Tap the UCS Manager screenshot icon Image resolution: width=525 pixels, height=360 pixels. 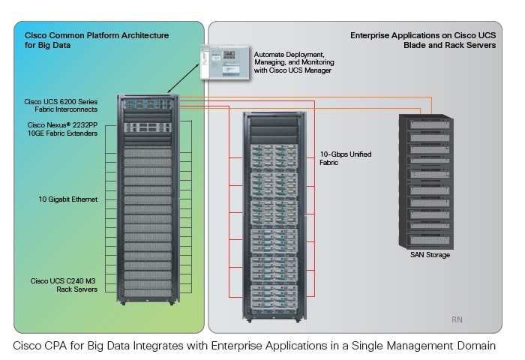pos(224,62)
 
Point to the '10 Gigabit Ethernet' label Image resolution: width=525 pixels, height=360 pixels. pos(69,199)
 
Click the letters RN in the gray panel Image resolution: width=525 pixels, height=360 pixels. pos(457,319)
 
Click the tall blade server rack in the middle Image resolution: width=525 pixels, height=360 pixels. pos(274,214)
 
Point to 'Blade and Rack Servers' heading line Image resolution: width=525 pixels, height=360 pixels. pos(449,44)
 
